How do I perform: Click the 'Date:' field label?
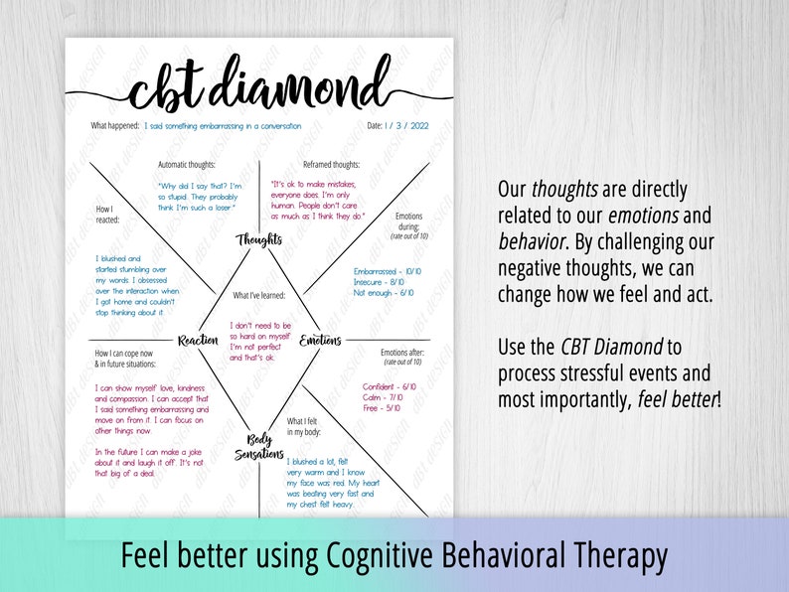pos(375,126)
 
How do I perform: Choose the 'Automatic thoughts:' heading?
pos(187,165)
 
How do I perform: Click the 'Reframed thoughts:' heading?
pos(331,165)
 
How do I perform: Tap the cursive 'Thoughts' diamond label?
pos(259,239)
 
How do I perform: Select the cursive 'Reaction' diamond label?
pos(198,341)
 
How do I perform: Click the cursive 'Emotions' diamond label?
pos(320,341)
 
